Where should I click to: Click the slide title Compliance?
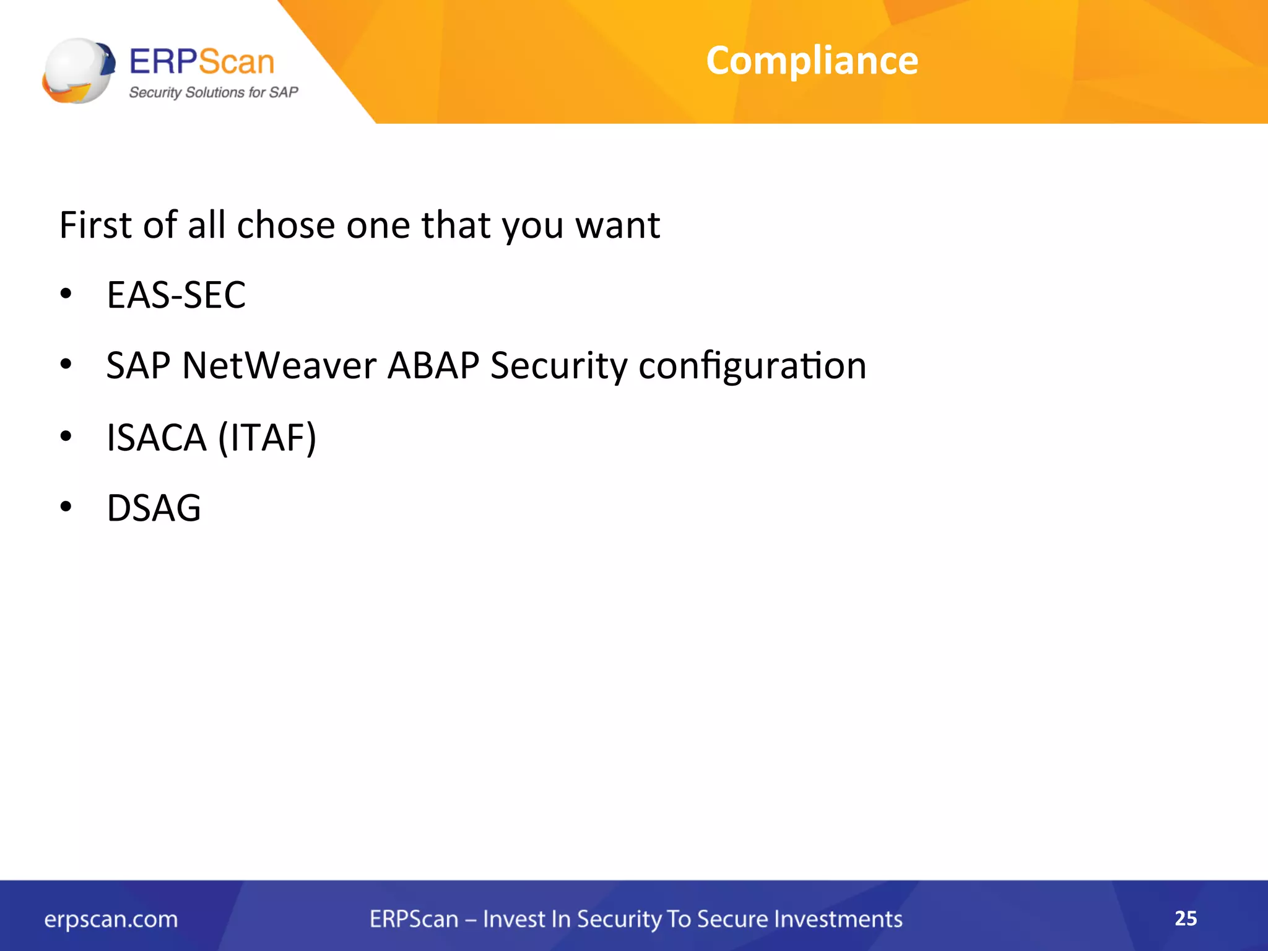(x=812, y=61)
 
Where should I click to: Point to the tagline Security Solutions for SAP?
(x=214, y=92)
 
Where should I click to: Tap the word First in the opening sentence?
(x=95, y=225)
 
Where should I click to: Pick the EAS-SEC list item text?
(x=176, y=295)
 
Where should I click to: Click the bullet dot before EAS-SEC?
(x=66, y=293)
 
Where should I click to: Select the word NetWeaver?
(x=279, y=365)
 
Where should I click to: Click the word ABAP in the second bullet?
(x=433, y=365)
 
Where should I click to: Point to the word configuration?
(x=752, y=365)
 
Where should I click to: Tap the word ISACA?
(x=157, y=438)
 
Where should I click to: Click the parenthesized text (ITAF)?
(x=267, y=438)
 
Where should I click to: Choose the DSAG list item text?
(x=154, y=508)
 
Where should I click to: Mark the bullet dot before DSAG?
(x=66, y=506)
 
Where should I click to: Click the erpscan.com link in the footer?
(x=111, y=919)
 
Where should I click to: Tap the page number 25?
(x=1186, y=918)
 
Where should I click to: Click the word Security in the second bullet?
(x=558, y=365)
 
